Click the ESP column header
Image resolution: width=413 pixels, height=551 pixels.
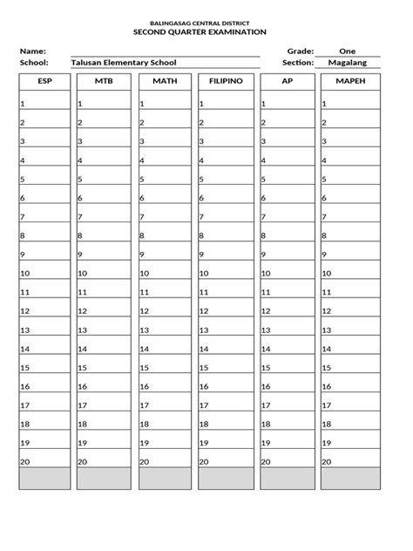click(44, 81)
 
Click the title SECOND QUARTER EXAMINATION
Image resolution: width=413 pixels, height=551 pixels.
click(206, 31)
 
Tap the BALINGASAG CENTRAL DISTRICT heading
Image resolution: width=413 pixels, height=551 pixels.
click(206, 21)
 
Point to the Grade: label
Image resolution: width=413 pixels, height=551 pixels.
click(296, 51)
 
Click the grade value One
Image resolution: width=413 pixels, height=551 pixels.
click(347, 51)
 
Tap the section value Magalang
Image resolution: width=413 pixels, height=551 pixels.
click(347, 63)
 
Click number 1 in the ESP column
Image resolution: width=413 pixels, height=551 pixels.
click(23, 104)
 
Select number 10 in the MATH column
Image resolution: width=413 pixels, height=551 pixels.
click(146, 273)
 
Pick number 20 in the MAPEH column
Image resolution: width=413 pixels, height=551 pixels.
click(328, 462)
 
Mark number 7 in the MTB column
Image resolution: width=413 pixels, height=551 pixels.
click(81, 217)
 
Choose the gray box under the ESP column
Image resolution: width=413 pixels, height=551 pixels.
click(44, 479)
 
